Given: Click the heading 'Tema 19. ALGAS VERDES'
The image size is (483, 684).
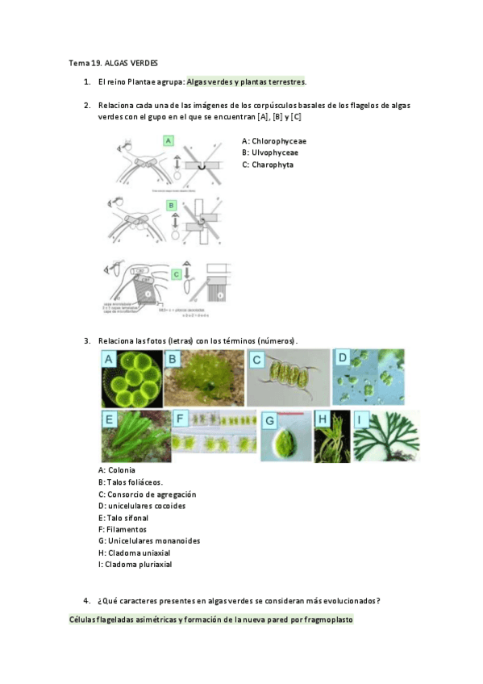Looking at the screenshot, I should pyautogui.click(x=113, y=63).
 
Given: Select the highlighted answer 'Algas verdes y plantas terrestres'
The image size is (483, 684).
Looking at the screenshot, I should pyautogui.click(x=246, y=82).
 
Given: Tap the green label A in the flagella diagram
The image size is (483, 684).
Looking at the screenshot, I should pyautogui.click(x=169, y=140).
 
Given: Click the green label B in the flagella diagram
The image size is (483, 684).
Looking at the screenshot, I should pyautogui.click(x=171, y=206).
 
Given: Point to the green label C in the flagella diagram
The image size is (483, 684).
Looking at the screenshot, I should pyautogui.click(x=176, y=273).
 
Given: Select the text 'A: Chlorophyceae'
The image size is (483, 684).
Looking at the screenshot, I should pyautogui.click(x=274, y=141).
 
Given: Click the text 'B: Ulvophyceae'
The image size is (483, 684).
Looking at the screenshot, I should pyautogui.click(x=270, y=152).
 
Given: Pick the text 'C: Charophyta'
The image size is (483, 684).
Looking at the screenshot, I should pyautogui.click(x=268, y=165).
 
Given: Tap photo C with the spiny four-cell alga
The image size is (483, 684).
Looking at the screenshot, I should pyautogui.click(x=287, y=377).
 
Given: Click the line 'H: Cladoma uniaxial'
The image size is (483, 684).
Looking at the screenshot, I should pyautogui.click(x=134, y=553).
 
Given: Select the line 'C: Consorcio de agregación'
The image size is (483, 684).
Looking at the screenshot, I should pyautogui.click(x=147, y=494).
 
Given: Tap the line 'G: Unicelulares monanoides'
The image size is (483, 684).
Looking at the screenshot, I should pyautogui.click(x=148, y=540).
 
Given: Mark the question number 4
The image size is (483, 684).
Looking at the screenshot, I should pyautogui.click(x=86, y=600).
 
